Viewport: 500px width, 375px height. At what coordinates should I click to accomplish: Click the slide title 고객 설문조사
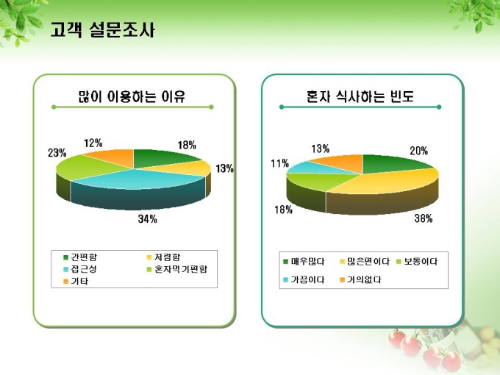coord(102,30)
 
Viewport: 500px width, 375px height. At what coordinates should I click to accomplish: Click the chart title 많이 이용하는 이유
coord(132,96)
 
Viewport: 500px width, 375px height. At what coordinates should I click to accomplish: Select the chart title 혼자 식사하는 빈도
coord(360,96)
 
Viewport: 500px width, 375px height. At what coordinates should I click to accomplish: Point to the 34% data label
coord(147,218)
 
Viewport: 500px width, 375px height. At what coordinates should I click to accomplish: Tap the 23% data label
coord(57,153)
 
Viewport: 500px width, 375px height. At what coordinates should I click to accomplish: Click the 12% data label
coord(93,143)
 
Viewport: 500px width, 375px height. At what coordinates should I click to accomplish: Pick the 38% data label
coord(423,218)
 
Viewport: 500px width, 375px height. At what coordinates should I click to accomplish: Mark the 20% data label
coord(419,151)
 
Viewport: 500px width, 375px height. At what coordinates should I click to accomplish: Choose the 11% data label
coord(279,163)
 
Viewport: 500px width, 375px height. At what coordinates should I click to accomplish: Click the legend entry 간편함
coord(83,257)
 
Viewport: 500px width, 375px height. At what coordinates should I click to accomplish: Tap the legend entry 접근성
coord(83,269)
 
